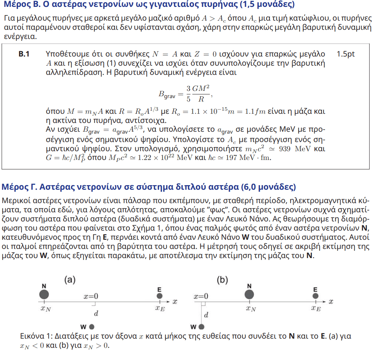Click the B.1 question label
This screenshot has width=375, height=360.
[24, 54]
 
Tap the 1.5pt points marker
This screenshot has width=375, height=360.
[346, 54]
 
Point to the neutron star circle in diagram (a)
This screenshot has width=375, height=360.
[44, 295]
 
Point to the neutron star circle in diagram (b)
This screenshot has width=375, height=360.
[250, 295]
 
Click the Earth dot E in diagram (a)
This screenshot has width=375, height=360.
[160, 296]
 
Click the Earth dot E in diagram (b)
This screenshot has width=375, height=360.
[315, 296]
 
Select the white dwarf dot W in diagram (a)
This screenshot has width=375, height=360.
[91, 327]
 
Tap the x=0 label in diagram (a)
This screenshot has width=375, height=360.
[91, 296]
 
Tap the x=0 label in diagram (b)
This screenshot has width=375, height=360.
[201, 296]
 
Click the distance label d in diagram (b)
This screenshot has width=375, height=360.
[206, 315]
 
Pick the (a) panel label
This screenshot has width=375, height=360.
[69, 280]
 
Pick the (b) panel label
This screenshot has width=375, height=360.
[222, 280]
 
